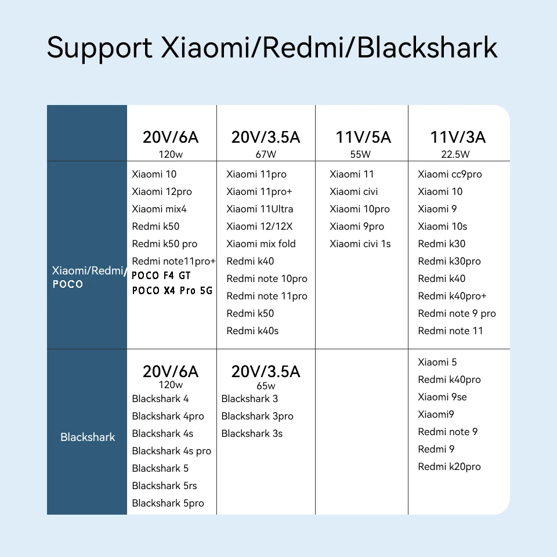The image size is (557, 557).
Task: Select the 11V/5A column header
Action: (363, 138)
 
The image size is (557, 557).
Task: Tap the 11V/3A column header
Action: (458, 138)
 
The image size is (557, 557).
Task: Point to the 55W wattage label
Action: (360, 154)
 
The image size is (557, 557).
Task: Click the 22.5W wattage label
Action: (455, 154)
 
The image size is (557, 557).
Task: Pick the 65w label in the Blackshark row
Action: (266, 386)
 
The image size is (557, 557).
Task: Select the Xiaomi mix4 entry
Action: (159, 209)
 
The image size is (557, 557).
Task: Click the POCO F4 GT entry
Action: (161, 275)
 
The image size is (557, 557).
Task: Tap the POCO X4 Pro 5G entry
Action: (172, 290)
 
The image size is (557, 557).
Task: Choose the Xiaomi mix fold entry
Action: (261, 244)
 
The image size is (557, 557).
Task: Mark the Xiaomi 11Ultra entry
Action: (260, 209)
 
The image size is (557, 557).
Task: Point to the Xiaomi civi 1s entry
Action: (360, 244)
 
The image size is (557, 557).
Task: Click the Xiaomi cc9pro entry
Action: (450, 174)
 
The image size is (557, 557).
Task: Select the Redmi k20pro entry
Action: (449, 466)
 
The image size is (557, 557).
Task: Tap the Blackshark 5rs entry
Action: (164, 486)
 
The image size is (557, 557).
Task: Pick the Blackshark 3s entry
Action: (252, 433)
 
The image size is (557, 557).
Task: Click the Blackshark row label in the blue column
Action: (88, 437)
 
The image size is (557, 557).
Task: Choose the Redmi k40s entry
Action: (252, 331)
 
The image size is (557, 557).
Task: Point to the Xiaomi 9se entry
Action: (442, 397)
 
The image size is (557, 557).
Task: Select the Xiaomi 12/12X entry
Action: (259, 226)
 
